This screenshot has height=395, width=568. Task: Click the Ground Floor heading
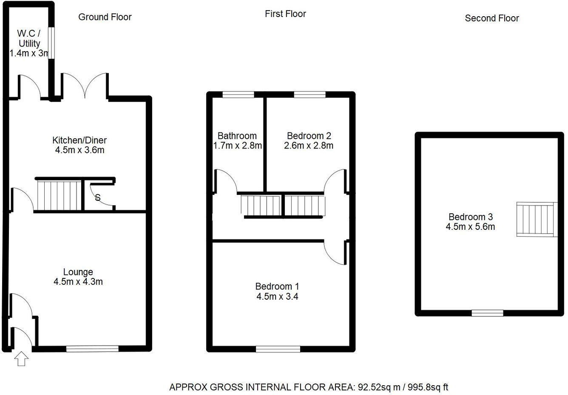point(105,17)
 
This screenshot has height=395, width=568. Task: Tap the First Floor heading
point(285,14)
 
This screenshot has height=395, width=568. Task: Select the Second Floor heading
point(491,18)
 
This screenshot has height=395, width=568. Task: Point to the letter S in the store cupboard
point(97,197)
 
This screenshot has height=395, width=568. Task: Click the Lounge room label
point(78,272)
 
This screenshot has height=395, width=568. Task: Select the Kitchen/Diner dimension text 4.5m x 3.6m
point(80,150)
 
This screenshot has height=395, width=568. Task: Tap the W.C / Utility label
point(29,38)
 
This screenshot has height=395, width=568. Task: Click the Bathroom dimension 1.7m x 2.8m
point(237,146)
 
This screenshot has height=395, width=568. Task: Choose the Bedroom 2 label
point(309,136)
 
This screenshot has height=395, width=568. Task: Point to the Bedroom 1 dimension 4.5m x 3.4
point(277,297)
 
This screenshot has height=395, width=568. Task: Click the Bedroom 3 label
point(470,217)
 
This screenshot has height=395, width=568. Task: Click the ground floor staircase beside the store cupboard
point(59,195)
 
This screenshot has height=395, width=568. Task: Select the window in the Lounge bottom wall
point(92,349)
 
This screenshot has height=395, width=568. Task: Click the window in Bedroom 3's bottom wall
point(487,313)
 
